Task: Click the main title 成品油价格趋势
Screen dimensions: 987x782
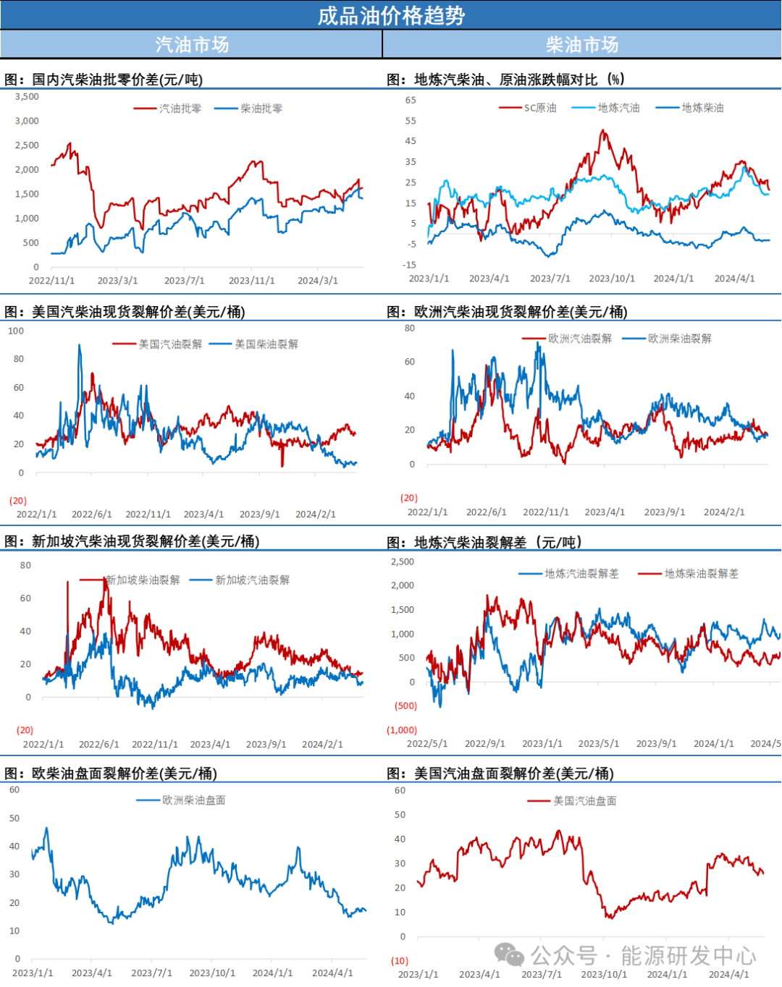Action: pos(391,15)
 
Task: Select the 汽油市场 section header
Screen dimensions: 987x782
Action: pos(191,45)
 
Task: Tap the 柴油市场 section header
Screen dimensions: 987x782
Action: pos(582,45)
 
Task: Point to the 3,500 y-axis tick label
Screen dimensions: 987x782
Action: pos(27,96)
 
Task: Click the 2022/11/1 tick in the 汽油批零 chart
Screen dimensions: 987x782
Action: pos(51,281)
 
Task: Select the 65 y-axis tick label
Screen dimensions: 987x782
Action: pos(411,100)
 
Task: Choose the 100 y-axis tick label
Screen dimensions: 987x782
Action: pos(16,331)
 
